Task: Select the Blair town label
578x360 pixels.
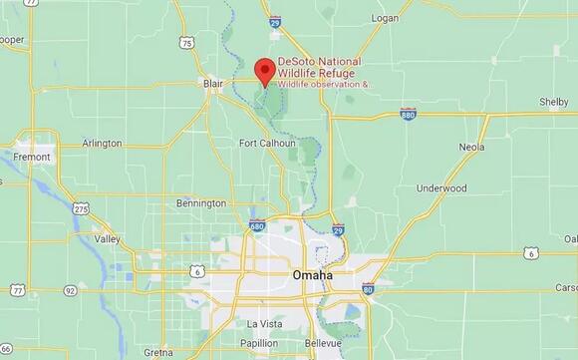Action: pyautogui.click(x=213, y=84)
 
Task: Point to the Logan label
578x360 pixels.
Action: pyautogui.click(x=384, y=18)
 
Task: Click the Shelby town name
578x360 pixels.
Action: pyautogui.click(x=553, y=102)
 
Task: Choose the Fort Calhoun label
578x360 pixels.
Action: pyautogui.click(x=267, y=143)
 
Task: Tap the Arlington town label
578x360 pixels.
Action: pyautogui.click(x=102, y=144)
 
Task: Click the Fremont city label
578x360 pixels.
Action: pyautogui.click(x=32, y=157)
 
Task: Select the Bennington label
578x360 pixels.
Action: pyautogui.click(x=200, y=203)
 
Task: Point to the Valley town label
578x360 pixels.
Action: pyautogui.click(x=107, y=239)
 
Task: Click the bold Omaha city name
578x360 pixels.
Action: pyautogui.click(x=313, y=274)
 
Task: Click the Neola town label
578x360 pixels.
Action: pyautogui.click(x=471, y=147)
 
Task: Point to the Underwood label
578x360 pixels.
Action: pyautogui.click(x=441, y=187)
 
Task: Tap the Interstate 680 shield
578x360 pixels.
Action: pyautogui.click(x=256, y=226)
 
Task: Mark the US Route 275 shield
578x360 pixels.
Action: pyautogui.click(x=82, y=207)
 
